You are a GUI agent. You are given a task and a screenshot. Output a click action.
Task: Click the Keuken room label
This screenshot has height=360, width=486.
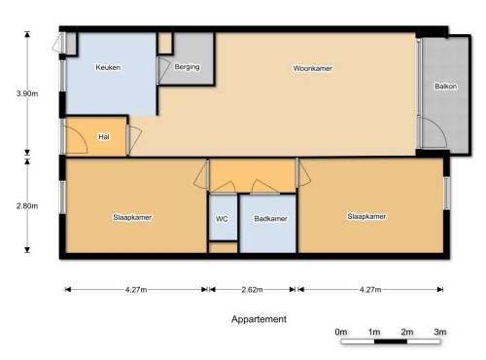point(108,67)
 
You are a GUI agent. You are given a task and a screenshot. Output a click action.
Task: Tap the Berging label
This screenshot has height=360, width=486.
point(187,67)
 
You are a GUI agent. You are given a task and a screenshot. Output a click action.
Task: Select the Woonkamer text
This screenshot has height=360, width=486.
point(313,68)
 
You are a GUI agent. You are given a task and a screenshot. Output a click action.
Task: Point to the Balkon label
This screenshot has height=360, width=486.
point(446,87)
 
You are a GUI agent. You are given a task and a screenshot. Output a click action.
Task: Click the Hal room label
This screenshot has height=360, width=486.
point(104,137)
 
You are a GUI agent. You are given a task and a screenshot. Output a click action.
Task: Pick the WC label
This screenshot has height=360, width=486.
point(222,219)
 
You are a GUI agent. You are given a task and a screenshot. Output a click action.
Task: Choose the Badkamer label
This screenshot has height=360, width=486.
point(270,219)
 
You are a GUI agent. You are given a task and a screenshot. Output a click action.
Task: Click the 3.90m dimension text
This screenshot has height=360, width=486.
point(27,93)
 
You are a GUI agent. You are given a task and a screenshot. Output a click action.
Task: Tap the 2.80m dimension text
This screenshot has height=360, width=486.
point(27,206)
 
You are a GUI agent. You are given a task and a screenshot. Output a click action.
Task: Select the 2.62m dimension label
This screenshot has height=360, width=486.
point(252,290)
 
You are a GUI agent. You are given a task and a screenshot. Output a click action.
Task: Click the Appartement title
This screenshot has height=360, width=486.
point(259,319)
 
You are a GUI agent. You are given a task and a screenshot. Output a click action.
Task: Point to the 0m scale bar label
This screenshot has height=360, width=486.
point(341,332)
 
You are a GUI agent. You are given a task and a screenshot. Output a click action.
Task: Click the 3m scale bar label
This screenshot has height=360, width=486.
point(440,332)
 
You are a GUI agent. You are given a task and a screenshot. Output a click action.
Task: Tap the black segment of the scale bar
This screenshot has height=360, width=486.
point(391,342)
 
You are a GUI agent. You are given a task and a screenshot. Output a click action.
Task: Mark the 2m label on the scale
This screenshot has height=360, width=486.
point(407,332)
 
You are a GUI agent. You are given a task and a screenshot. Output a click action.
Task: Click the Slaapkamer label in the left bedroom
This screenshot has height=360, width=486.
point(132,217)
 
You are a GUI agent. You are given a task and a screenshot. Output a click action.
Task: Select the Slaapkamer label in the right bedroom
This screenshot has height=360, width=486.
point(366,216)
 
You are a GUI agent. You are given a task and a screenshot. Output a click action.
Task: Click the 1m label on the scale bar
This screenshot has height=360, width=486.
point(374,332)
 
